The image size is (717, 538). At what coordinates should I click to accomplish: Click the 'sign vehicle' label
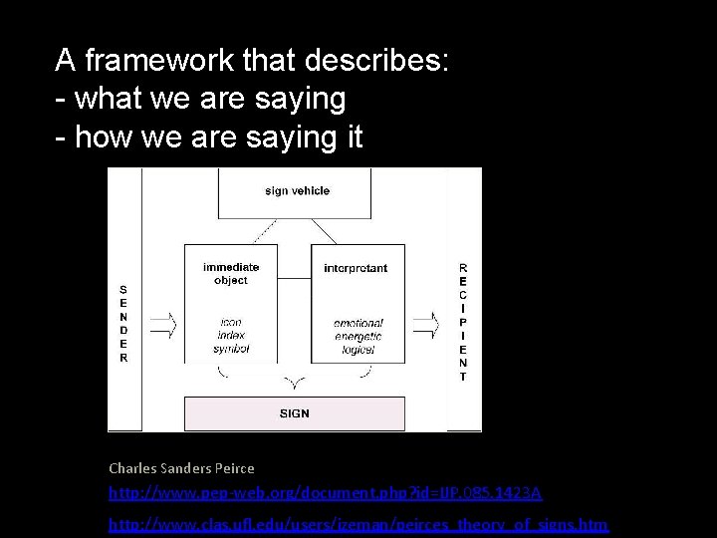point(297,191)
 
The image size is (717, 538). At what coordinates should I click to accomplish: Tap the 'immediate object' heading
point(231,273)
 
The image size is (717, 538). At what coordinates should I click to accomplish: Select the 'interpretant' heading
point(356,268)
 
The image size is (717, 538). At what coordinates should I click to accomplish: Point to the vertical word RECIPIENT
point(463,322)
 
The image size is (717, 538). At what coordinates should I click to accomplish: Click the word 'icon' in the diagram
point(230,322)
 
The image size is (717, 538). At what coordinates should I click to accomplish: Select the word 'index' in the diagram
point(230,336)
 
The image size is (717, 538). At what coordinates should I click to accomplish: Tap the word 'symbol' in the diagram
point(230,349)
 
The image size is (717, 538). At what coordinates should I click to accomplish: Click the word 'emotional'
point(358,324)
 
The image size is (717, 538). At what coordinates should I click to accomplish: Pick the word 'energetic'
point(358,337)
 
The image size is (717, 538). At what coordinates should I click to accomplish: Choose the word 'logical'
point(358,350)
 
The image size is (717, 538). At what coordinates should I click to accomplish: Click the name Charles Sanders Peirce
point(181,468)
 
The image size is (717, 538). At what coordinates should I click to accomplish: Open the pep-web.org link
point(326,493)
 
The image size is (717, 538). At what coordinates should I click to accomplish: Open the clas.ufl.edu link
point(358,524)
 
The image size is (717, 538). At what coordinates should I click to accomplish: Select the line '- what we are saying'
point(200,99)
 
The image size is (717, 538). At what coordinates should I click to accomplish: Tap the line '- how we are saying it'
point(209,136)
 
